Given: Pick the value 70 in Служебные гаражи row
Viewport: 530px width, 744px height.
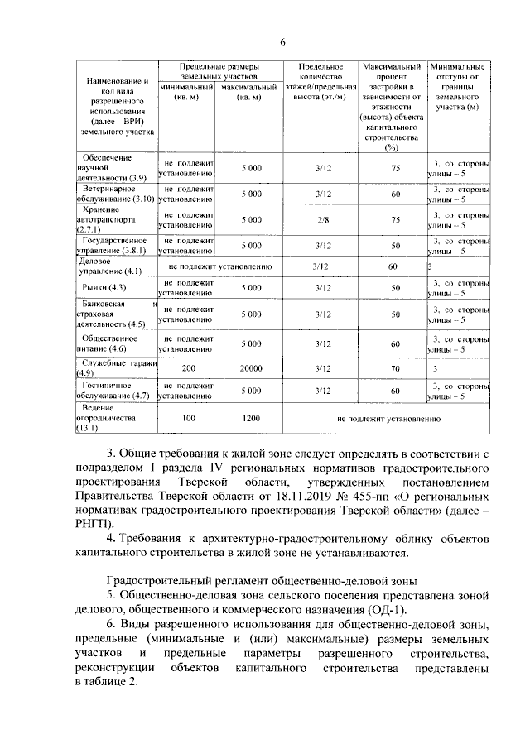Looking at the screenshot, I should pos(396,368).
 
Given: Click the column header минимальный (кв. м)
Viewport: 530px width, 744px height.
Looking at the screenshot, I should pos(187,92).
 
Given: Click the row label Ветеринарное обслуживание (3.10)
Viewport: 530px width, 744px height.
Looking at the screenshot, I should pos(114,194).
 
